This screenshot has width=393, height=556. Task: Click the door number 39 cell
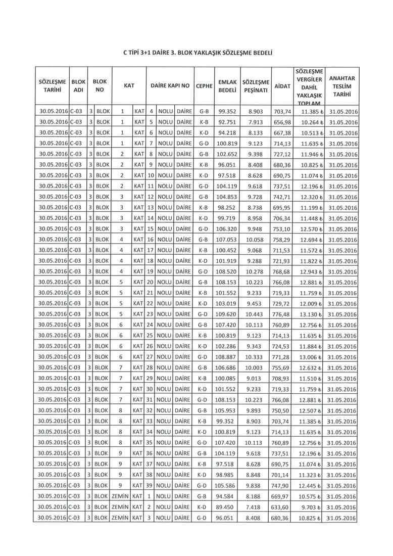pos(150,486)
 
